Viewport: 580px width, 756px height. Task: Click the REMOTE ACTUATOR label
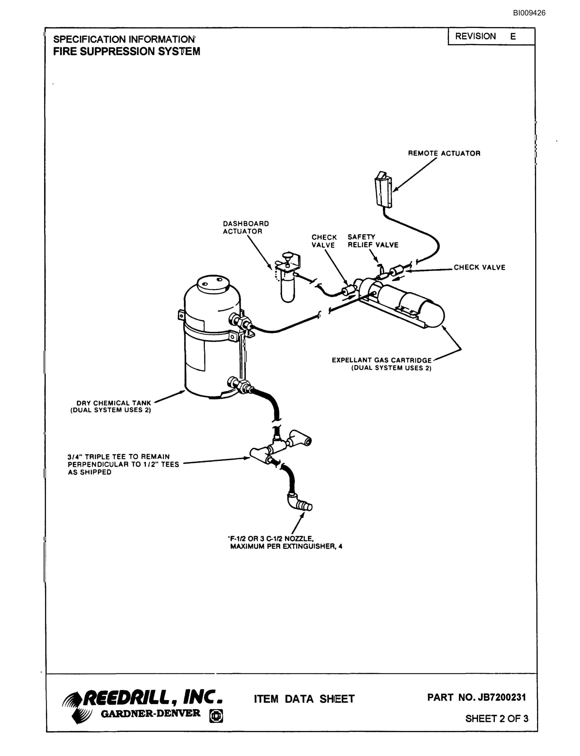pyautogui.click(x=444, y=153)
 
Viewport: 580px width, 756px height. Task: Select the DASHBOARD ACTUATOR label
pyautogui.click(x=246, y=228)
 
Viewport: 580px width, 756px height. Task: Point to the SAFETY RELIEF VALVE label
pyautogui.click(x=373, y=241)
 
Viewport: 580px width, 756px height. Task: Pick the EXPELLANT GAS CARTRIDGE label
pyautogui.click(x=382, y=364)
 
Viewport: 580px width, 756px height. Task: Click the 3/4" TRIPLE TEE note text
pyautogui.click(x=123, y=464)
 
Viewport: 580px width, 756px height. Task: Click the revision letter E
pyautogui.click(x=513, y=37)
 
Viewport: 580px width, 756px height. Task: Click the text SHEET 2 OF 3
pyautogui.click(x=497, y=719)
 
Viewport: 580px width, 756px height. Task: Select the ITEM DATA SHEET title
pyautogui.click(x=304, y=699)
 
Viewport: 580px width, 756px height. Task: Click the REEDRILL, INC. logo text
pyautogui.click(x=153, y=697)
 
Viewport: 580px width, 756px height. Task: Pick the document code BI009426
pyautogui.click(x=529, y=13)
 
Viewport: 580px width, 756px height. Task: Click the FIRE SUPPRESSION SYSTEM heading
pyautogui.click(x=127, y=51)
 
